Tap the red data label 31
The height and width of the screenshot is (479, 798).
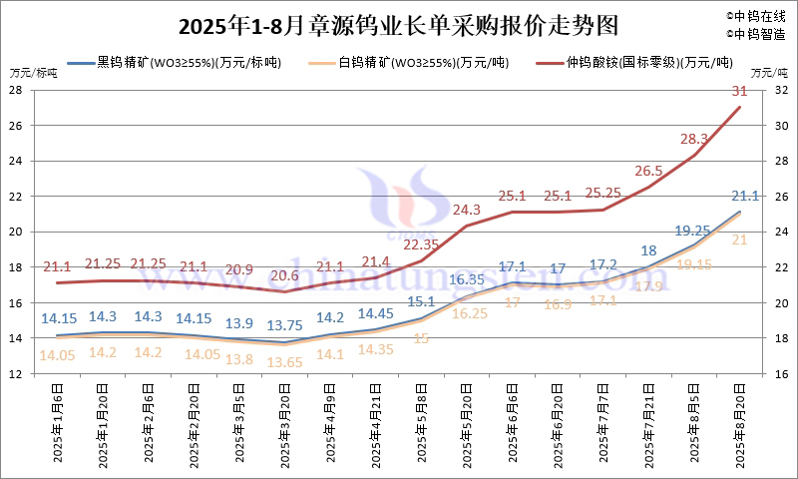(739, 91)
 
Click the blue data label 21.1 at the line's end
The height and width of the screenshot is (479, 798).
(746, 196)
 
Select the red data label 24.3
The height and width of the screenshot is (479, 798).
(467, 210)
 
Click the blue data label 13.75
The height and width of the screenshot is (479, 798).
(285, 325)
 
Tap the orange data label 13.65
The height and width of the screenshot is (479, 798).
(285, 361)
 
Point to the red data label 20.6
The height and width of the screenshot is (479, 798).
(285, 275)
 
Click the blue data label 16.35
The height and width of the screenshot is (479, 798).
(467, 279)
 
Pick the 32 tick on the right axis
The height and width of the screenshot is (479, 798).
(781, 90)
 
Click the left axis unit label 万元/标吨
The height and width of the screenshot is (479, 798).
(34, 73)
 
